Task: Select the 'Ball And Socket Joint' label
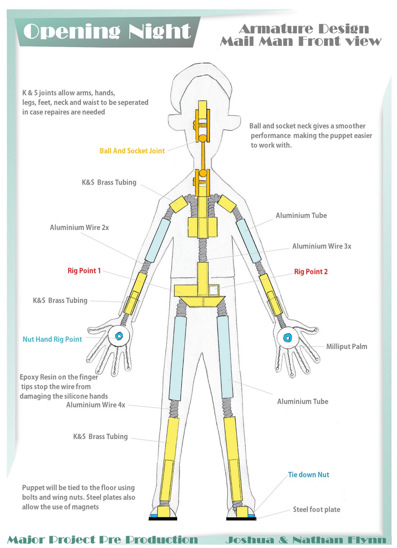132,151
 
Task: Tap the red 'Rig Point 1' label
84,271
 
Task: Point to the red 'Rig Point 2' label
311,272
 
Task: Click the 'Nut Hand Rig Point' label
52,339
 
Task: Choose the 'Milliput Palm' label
346,346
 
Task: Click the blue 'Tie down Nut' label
308,474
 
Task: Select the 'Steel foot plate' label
317,509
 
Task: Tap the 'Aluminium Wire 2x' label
79,227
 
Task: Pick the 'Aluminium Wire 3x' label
322,246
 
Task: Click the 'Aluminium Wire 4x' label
96,405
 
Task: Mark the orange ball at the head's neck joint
203,138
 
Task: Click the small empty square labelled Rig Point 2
214,290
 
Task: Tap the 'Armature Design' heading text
304,29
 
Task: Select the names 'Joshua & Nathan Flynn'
306,540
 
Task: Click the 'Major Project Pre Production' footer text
103,540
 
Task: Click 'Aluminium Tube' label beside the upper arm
301,215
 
